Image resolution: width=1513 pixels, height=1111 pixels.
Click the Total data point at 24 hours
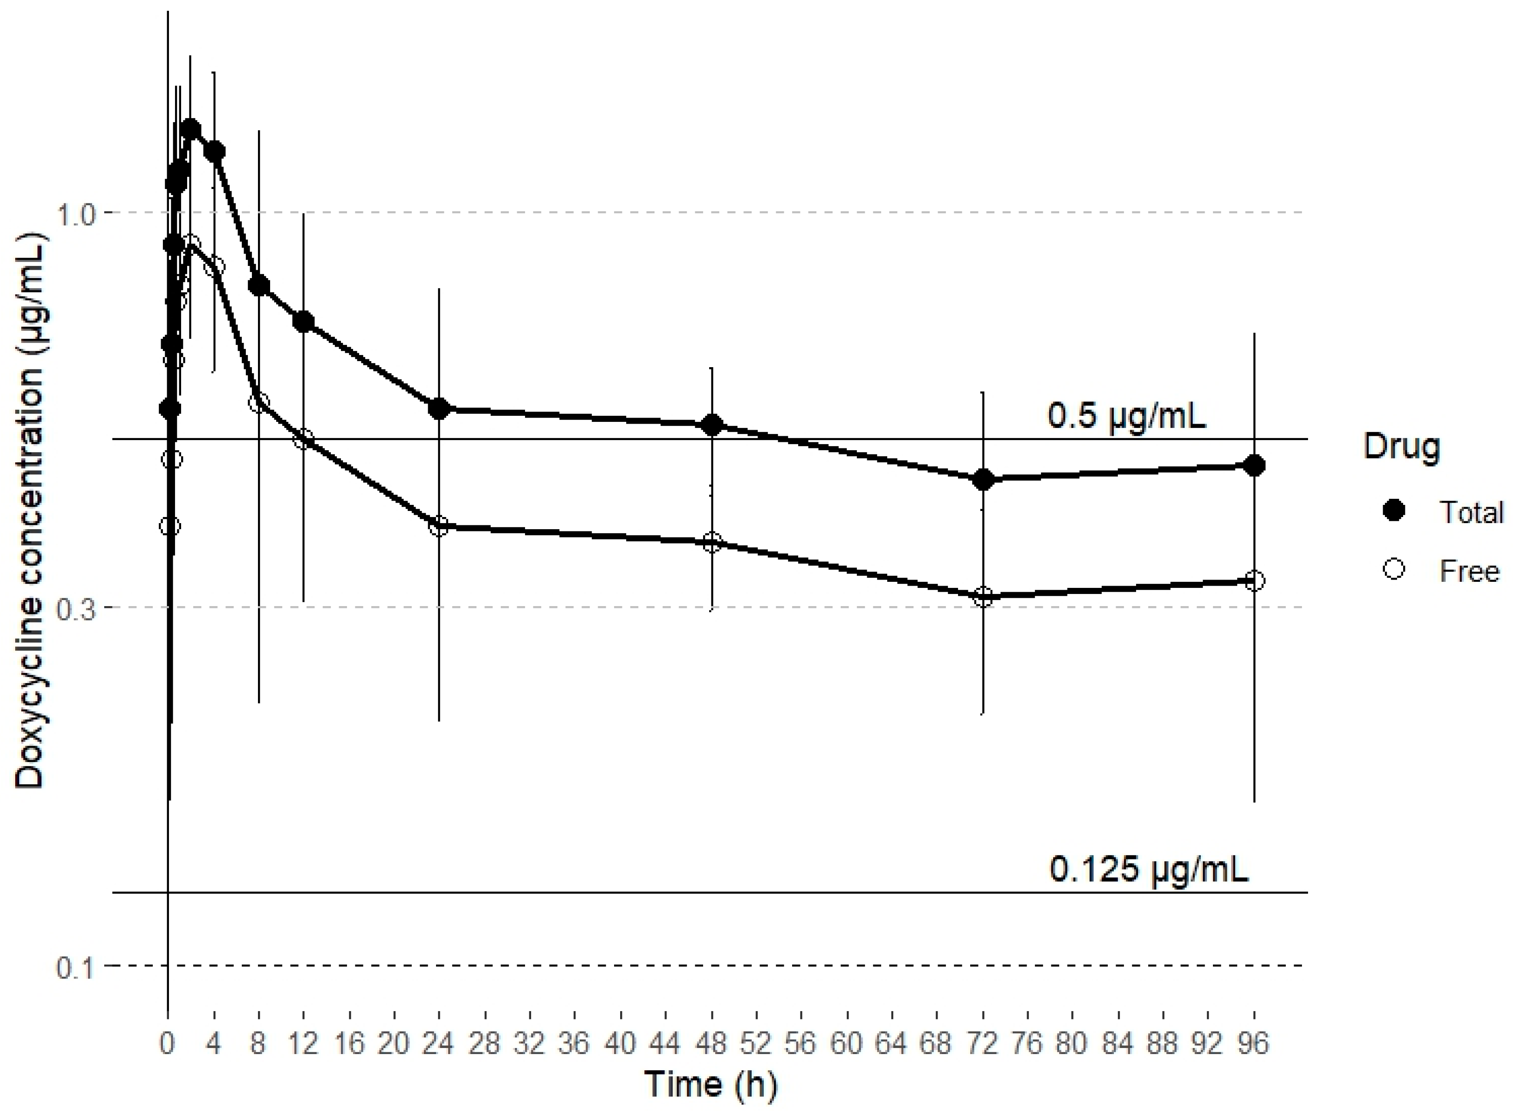tap(438, 408)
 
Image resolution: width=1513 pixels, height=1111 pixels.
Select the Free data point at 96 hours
tap(1254, 581)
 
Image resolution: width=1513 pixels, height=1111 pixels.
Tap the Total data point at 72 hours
tap(983, 480)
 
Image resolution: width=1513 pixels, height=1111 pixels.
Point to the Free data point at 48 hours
tap(712, 543)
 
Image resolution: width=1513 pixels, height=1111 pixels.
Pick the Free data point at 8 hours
tap(258, 403)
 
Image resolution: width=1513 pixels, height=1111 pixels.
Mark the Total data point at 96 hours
tap(1254, 465)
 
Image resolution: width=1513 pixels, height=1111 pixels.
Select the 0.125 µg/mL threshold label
tap(1148, 869)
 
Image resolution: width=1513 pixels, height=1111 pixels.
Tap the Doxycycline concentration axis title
tap(30, 511)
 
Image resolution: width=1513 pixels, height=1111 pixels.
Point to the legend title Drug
tap(1401, 447)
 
